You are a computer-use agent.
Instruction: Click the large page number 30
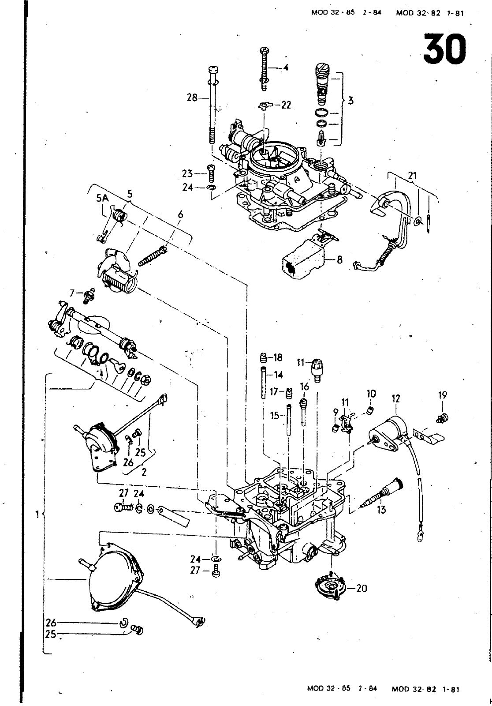(x=444, y=49)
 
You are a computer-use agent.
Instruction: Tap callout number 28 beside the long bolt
(x=192, y=98)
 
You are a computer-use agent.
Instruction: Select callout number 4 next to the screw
(x=285, y=68)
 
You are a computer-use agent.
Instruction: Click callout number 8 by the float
(x=339, y=260)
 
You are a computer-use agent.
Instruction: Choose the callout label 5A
(x=102, y=199)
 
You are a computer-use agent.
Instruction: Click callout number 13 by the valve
(x=381, y=510)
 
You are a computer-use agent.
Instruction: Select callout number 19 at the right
(x=443, y=395)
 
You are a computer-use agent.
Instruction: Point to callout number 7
(x=72, y=293)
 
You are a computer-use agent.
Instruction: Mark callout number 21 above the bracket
(x=412, y=176)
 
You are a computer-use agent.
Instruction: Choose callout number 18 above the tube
(x=278, y=357)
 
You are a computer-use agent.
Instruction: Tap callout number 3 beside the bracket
(x=351, y=101)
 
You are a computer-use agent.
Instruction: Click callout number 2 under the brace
(x=144, y=473)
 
